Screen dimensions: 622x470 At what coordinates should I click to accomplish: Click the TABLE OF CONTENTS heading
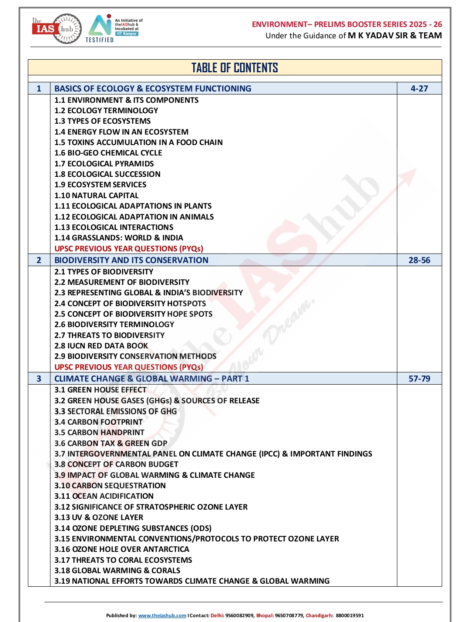tap(235, 68)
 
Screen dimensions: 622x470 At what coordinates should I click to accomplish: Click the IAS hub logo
tap(57, 29)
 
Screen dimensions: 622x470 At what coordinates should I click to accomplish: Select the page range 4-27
tap(419, 88)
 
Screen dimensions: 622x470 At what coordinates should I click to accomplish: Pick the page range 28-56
tap(419, 260)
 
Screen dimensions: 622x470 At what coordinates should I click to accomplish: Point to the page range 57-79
tap(419, 379)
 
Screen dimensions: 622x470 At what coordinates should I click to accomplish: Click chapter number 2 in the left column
tap(39, 260)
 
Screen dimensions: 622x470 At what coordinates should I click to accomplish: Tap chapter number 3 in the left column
tap(39, 379)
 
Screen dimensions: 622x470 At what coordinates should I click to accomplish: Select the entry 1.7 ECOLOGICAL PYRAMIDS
tap(104, 164)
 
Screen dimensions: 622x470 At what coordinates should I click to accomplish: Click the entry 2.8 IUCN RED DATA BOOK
tap(101, 346)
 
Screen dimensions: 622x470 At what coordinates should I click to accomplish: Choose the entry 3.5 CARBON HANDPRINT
tap(99, 433)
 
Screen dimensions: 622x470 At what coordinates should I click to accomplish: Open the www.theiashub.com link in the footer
tap(162, 615)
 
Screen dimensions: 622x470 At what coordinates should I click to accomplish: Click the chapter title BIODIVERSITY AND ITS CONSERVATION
tap(131, 260)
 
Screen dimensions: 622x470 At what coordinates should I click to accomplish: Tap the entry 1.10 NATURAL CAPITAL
tap(96, 196)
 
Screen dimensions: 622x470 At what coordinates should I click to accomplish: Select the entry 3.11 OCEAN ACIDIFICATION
tap(104, 496)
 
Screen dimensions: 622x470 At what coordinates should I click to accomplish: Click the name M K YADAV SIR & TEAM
tap(395, 36)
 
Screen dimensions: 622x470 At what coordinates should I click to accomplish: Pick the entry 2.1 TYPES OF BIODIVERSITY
tap(104, 272)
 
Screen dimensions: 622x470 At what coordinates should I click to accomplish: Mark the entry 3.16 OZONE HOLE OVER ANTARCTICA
tap(121, 549)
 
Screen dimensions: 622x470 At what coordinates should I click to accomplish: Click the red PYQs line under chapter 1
tap(128, 249)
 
